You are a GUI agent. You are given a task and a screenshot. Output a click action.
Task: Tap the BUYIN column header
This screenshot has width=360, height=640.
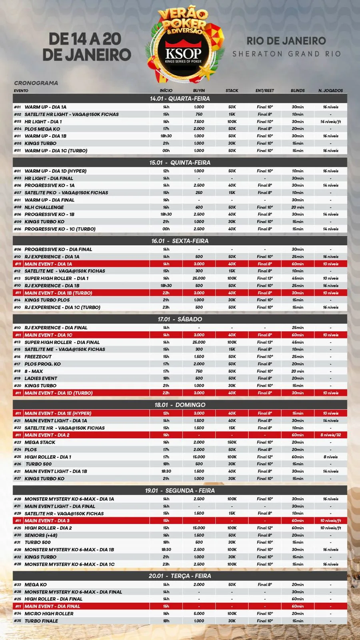pyautogui.click(x=199, y=90)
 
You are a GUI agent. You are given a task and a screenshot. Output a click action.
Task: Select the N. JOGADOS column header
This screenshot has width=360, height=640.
pyautogui.click(x=330, y=90)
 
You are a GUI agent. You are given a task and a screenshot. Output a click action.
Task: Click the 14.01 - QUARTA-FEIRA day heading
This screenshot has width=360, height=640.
pyautogui.click(x=180, y=98)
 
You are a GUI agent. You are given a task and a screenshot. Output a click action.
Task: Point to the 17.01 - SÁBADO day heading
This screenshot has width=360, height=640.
pyautogui.click(x=180, y=319)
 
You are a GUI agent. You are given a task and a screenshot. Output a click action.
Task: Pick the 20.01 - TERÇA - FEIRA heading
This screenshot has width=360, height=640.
pyautogui.click(x=180, y=576)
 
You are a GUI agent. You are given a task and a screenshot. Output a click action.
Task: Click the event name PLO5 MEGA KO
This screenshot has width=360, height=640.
pyautogui.click(x=42, y=129)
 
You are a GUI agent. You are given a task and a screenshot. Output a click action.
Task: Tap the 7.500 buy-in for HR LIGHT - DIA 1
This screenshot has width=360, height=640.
pyautogui.click(x=199, y=122)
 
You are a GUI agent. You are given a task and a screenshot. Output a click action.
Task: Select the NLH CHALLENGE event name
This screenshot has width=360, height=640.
pyautogui.click(x=44, y=207)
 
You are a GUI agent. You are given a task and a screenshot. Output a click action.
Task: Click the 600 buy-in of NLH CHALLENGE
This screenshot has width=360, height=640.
pyautogui.click(x=199, y=207)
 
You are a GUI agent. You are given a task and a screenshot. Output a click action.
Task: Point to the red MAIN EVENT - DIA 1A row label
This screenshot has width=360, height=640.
pyautogui.click(x=48, y=264)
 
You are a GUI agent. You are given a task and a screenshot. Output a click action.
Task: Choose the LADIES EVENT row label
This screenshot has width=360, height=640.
pyautogui.click(x=41, y=378)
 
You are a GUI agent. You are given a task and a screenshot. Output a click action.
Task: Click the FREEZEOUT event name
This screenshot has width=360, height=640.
pyautogui.click(x=38, y=357)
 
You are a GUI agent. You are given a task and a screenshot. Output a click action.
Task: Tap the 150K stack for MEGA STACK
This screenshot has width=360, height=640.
pyautogui.click(x=232, y=442)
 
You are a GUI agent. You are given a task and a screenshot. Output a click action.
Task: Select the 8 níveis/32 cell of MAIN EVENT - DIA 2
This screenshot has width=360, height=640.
pyautogui.click(x=330, y=435)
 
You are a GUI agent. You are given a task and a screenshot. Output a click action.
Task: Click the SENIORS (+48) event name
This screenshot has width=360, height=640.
pyautogui.click(x=41, y=535)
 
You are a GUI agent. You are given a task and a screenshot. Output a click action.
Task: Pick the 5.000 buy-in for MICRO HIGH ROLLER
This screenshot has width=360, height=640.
pyautogui.click(x=199, y=614)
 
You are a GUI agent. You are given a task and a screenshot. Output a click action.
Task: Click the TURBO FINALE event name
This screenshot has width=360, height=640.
pyautogui.click(x=41, y=621)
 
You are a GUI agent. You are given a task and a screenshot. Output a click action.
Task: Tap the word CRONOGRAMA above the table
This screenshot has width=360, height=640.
pyautogui.click(x=36, y=83)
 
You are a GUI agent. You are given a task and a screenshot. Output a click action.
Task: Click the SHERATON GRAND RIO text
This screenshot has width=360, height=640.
pyautogui.click(x=286, y=54)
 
